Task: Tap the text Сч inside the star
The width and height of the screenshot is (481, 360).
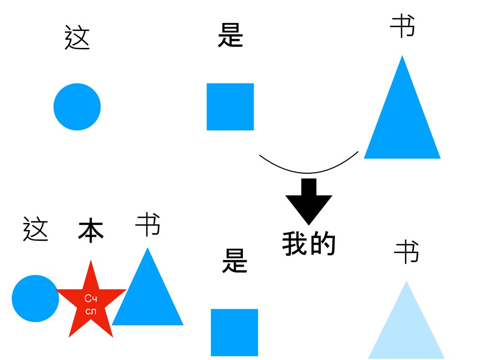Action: click(91, 299)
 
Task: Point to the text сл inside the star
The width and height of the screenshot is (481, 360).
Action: click(91, 311)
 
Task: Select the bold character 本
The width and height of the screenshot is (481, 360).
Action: click(91, 230)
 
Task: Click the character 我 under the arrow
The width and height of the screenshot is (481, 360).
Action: click(295, 244)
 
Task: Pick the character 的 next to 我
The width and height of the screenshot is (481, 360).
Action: click(323, 244)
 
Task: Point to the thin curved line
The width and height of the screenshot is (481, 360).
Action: click(309, 172)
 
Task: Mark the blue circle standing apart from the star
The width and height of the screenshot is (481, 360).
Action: click(77, 107)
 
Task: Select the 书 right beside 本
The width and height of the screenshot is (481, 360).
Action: click(148, 225)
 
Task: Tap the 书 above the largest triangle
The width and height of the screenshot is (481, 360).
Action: click(403, 26)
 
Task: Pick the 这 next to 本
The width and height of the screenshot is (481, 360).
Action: click(36, 229)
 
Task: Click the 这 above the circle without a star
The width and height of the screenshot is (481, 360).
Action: click(77, 38)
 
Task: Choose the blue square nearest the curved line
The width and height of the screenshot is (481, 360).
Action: click(230, 107)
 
